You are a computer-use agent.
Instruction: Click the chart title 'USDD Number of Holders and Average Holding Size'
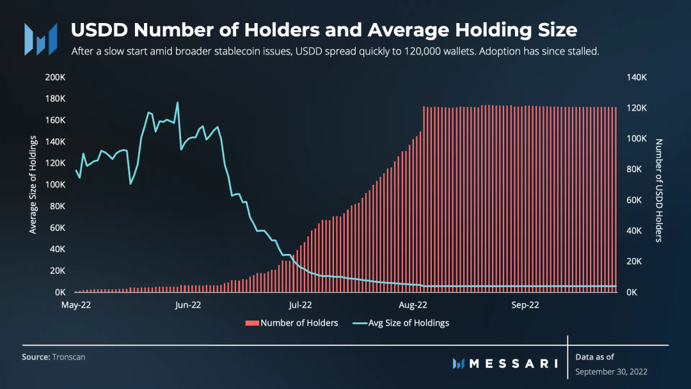pos(324,30)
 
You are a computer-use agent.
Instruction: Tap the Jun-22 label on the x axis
pos(187,305)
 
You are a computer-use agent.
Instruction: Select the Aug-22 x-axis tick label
pos(413,305)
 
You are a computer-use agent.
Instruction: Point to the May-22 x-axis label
pos(76,305)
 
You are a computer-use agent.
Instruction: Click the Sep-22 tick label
pos(525,305)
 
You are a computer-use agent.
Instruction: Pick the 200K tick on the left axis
pos(55,77)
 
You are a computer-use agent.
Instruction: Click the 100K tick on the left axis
pos(55,185)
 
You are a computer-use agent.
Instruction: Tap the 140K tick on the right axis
pos(637,77)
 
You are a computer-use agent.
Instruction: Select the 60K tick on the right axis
pos(634,200)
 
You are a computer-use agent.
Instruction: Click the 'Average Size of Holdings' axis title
pos(33,185)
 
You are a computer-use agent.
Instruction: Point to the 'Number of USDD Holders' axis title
pos(659,190)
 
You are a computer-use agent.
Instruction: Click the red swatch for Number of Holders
pos(252,323)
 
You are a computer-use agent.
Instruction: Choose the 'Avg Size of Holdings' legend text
pos(408,323)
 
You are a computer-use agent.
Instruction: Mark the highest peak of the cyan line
pos(178,102)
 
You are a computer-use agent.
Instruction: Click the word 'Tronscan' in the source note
pos(68,357)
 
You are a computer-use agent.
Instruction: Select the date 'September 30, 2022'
pos(611,372)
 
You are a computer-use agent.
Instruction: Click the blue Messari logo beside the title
pos(40,39)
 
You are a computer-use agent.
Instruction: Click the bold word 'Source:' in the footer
pos(36,357)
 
